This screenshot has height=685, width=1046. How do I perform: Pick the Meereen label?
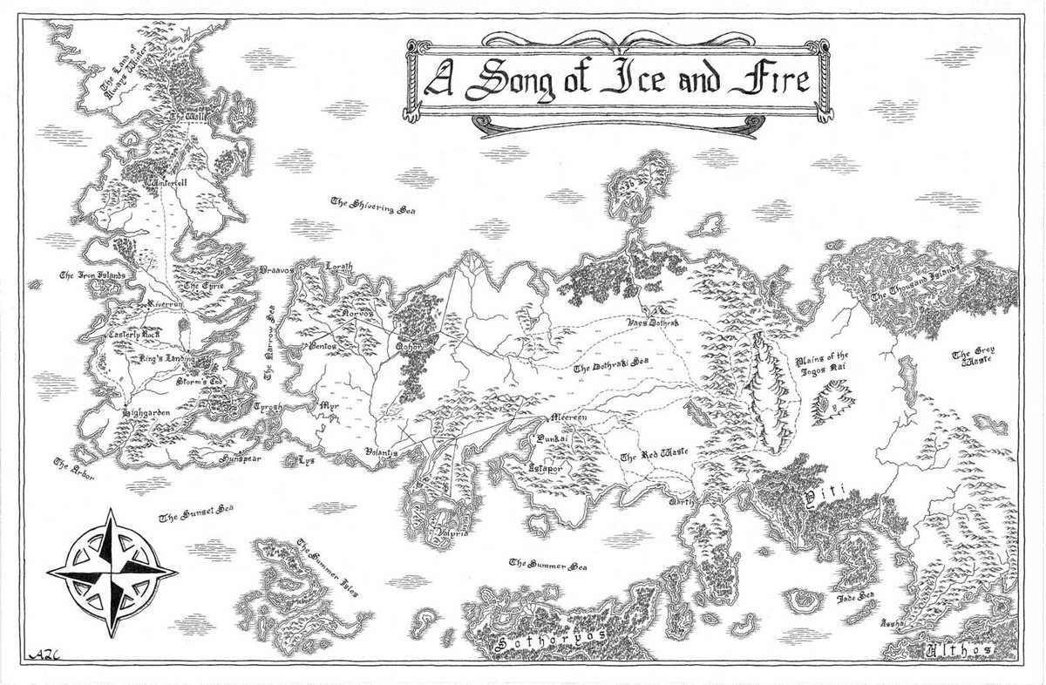pyautogui.click(x=572, y=418)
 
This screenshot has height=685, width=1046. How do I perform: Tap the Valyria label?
pyautogui.click(x=452, y=536)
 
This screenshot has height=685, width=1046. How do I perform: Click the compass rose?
pyautogui.click(x=112, y=572)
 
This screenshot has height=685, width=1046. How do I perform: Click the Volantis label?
pyautogui.click(x=382, y=453)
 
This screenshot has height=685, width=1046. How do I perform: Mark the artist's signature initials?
pyautogui.click(x=43, y=654)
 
